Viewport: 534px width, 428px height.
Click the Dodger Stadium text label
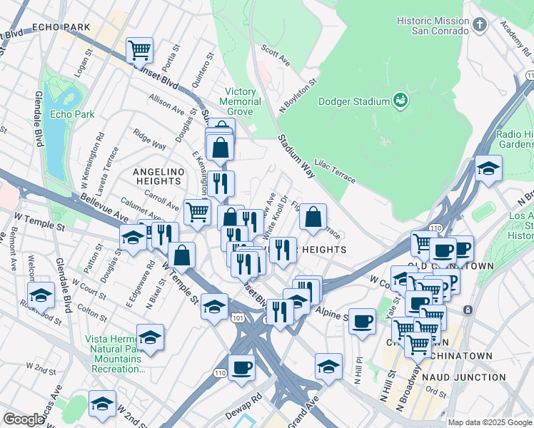tap(354, 102)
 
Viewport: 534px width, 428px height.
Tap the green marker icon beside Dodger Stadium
tap(400, 101)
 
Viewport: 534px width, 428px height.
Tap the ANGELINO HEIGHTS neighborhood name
tap(158, 176)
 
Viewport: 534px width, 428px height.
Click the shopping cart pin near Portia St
tap(139, 50)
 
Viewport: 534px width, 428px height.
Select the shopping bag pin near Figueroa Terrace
tap(313, 217)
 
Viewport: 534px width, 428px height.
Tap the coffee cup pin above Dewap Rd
tap(242, 367)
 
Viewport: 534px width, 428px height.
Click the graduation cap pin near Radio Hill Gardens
tap(488, 168)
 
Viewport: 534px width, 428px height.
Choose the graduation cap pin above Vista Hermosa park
tap(150, 337)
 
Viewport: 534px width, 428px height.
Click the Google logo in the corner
tap(23, 419)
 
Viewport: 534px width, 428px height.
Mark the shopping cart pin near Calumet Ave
tap(197, 211)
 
